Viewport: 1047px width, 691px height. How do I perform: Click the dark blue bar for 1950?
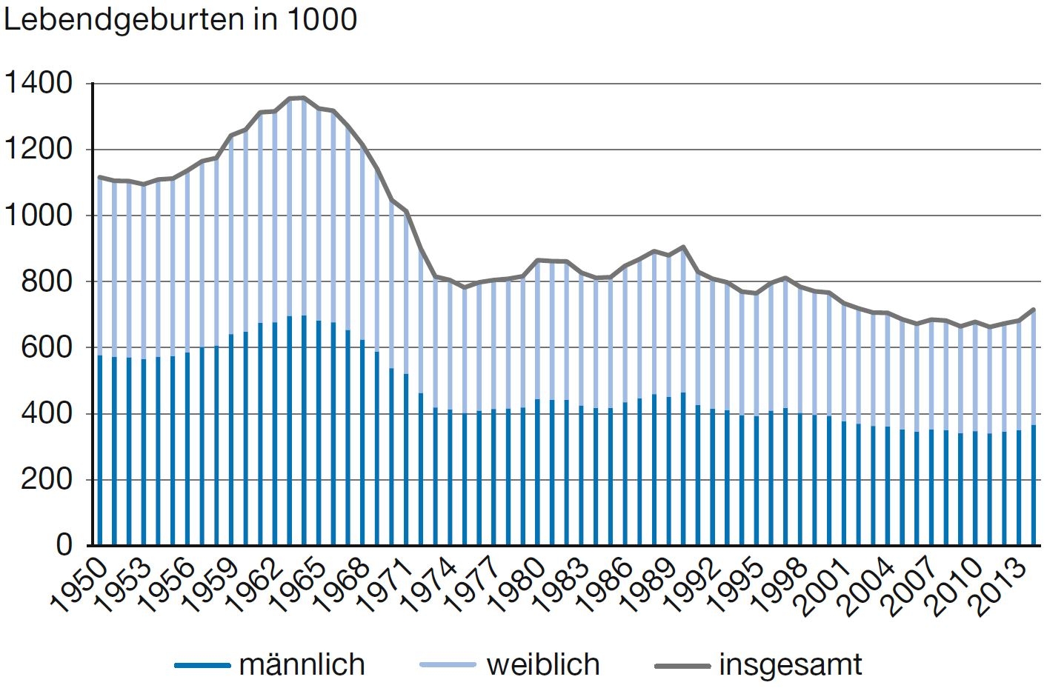coord(100,450)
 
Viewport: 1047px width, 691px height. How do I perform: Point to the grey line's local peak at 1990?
coord(683,247)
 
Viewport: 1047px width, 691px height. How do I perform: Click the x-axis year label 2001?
coord(822,587)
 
